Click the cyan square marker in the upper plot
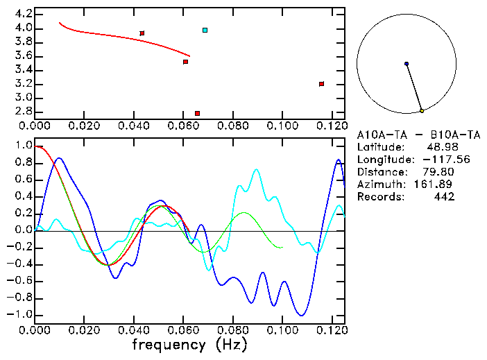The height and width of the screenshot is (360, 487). pos(205,30)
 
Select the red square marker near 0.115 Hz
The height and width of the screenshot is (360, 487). pos(321,84)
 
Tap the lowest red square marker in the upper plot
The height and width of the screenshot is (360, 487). pos(197,113)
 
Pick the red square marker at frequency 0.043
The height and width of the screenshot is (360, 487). pos(142,33)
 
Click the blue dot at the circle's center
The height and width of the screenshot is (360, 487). pos(407,64)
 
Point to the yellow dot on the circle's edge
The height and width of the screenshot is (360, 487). pos(422,110)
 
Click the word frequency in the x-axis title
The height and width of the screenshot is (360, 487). pos(170,343)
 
